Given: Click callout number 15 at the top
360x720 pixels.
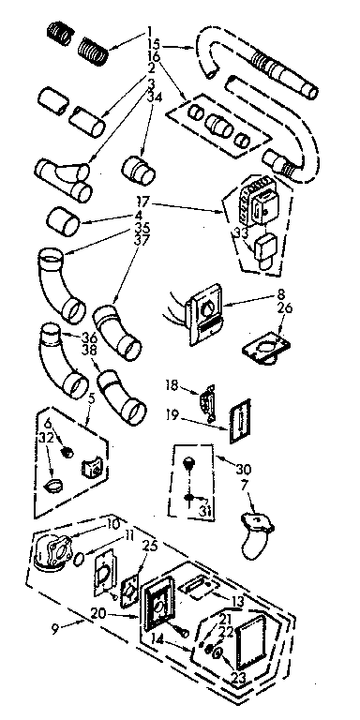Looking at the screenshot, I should coord(154,44).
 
